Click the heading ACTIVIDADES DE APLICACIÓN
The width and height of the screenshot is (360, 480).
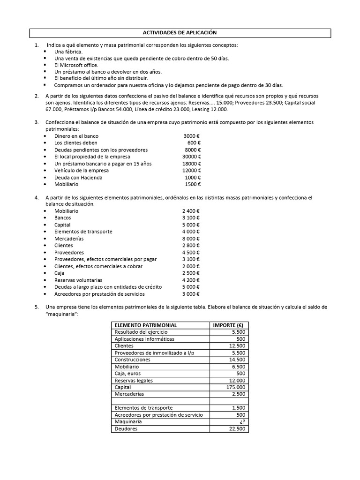[x=180, y=33]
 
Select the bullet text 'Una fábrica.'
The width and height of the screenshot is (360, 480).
[x=68, y=52]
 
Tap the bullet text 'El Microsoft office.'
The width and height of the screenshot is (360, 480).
[x=76, y=65]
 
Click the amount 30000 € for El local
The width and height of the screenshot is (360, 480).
[x=192, y=157]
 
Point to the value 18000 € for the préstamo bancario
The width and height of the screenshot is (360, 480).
[x=192, y=164]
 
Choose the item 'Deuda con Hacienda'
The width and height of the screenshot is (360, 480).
[x=78, y=178]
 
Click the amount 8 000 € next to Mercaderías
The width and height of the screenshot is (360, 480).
[x=191, y=239]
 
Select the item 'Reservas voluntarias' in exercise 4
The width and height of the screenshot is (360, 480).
[x=78, y=280]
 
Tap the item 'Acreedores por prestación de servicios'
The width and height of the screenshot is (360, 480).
[x=99, y=294]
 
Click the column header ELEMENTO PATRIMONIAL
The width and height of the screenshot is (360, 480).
[x=146, y=325]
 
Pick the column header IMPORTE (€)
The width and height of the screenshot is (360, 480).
[x=229, y=325]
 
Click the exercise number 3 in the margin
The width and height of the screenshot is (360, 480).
[x=37, y=122]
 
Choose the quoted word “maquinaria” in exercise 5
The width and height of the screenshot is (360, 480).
[x=62, y=314]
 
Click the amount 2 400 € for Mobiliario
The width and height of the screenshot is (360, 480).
[x=191, y=211]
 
